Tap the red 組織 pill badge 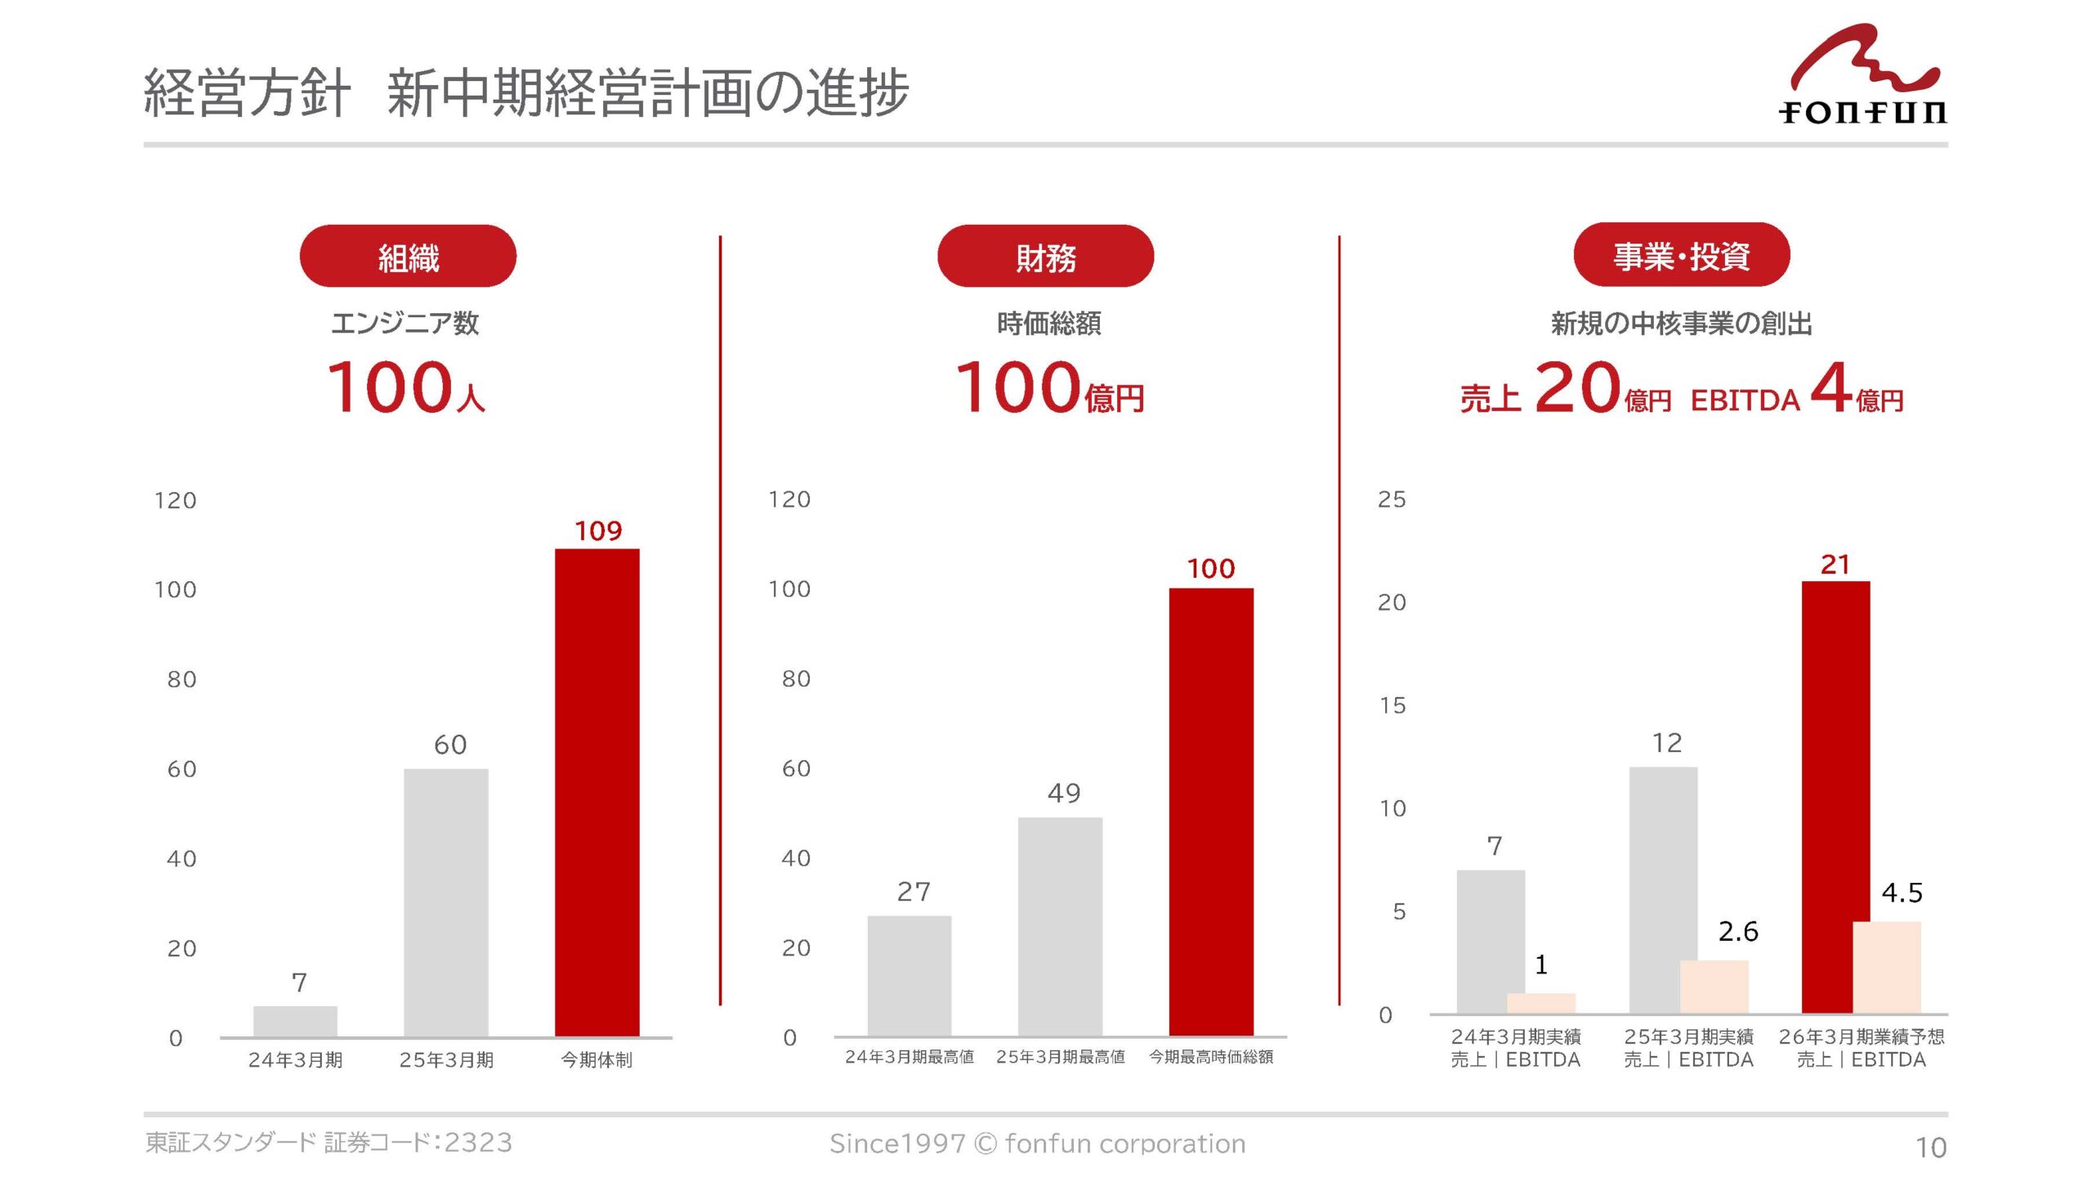(x=408, y=257)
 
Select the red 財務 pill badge (x=1045, y=257)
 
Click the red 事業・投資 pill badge (x=1681, y=255)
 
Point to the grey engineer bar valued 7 (x=295, y=1021)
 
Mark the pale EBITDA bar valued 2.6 (x=1714, y=987)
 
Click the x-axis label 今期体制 (x=597, y=1060)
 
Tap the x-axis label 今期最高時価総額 (x=1210, y=1057)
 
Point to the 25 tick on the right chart (x=1392, y=499)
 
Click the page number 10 (x=1930, y=1148)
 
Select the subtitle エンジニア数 (x=405, y=324)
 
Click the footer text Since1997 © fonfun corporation (x=1037, y=1143)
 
